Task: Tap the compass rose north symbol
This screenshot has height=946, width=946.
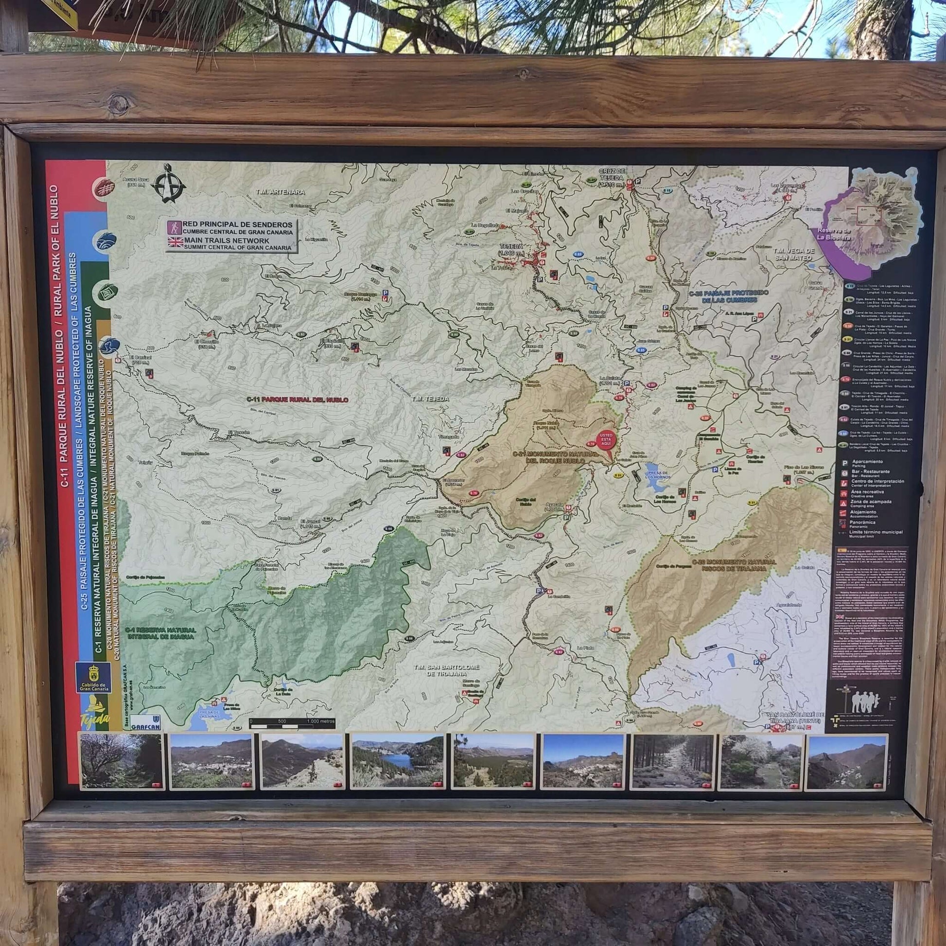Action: (168, 184)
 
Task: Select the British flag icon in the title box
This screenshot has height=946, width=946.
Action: (175, 241)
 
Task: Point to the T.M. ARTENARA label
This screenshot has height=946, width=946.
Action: (280, 192)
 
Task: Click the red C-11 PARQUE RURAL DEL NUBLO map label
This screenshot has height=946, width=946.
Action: (297, 400)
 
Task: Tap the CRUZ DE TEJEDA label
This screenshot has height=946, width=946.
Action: (612, 177)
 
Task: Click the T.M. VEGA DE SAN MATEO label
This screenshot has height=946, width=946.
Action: (792, 254)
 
